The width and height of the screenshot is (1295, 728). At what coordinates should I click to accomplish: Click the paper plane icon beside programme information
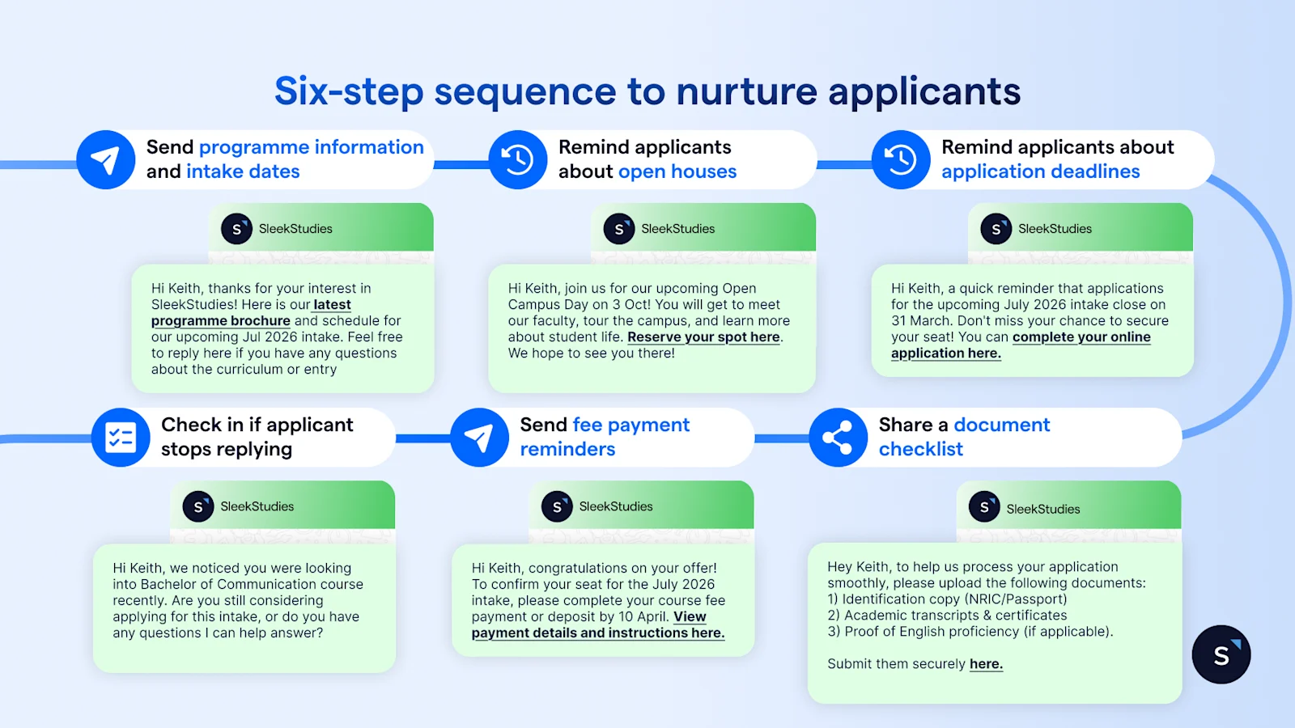click(x=106, y=159)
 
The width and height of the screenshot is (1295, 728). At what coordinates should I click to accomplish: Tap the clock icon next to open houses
click(x=517, y=159)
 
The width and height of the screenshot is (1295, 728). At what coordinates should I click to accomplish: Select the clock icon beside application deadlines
click(x=900, y=159)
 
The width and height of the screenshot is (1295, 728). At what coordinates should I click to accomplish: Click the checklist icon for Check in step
click(x=121, y=438)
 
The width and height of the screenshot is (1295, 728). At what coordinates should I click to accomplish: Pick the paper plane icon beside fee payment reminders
click(x=479, y=438)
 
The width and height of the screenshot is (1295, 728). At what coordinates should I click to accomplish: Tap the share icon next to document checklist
click(x=838, y=438)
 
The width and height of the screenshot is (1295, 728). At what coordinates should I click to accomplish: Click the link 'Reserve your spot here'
click(x=703, y=336)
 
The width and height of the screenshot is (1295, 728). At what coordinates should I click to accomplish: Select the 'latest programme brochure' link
click(x=251, y=312)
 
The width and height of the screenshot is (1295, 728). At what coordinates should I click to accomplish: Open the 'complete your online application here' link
click(x=1021, y=345)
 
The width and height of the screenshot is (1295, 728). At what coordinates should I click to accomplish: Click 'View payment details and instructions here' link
click(x=598, y=624)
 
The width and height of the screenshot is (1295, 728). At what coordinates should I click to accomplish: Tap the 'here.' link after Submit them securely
click(x=986, y=664)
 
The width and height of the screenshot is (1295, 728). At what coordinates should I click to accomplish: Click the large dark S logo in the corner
click(x=1221, y=654)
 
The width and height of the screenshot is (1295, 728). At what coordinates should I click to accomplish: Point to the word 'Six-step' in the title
click(x=349, y=91)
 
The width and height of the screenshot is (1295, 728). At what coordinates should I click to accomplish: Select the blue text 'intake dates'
click(x=243, y=171)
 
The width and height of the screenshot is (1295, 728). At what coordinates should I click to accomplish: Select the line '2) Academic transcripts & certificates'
click(x=947, y=616)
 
